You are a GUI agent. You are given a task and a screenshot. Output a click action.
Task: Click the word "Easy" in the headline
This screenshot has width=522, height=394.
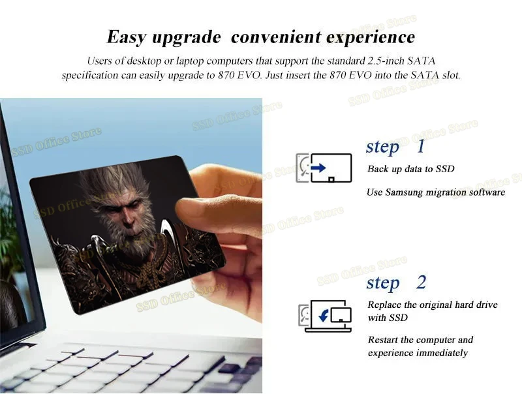click(x=126, y=37)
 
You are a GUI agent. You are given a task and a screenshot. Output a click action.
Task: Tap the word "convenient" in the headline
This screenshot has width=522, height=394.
click(x=276, y=37)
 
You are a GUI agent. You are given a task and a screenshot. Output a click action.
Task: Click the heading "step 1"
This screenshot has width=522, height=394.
click(x=395, y=146)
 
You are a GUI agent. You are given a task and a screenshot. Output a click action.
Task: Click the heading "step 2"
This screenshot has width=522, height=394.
click(x=396, y=283)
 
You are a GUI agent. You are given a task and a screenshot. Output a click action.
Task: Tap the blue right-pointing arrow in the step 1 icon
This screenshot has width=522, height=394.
click(x=318, y=168)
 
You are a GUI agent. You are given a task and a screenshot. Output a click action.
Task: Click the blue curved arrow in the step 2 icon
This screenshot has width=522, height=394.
click(x=324, y=315)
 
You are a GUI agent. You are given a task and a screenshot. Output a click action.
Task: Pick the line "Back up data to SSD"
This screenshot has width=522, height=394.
click(x=411, y=169)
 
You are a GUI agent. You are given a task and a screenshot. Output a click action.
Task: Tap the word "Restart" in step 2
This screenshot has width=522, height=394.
click(x=383, y=340)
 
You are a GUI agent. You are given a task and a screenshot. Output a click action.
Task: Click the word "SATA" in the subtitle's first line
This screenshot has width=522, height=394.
click(x=422, y=61)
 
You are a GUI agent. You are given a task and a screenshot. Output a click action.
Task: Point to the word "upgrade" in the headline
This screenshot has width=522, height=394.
click(x=187, y=38)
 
